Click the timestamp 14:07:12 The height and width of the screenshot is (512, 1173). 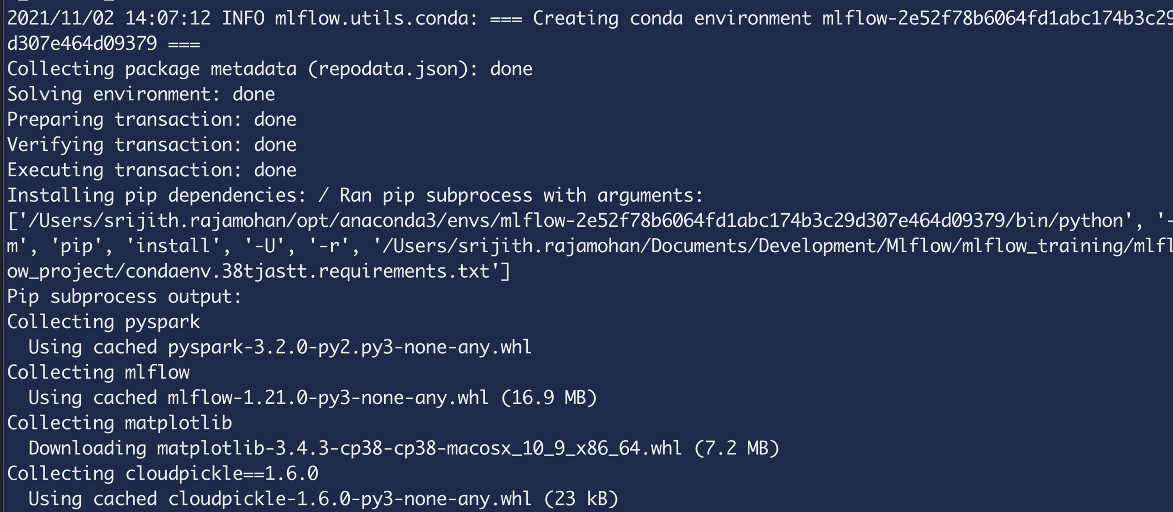pos(168,19)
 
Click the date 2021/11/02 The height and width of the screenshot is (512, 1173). pos(61,19)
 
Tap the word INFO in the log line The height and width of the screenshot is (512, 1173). pos(243,19)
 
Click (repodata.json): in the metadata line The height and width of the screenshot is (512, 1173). pos(393,69)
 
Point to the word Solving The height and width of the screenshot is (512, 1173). pos(45,95)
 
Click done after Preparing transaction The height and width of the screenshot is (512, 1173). pos(275,120)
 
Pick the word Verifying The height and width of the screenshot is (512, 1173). pos(55,145)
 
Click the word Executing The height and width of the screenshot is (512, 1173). pos(55,171)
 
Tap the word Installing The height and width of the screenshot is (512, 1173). pos(61,196)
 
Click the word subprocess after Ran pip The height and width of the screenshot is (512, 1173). pos(479,196)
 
